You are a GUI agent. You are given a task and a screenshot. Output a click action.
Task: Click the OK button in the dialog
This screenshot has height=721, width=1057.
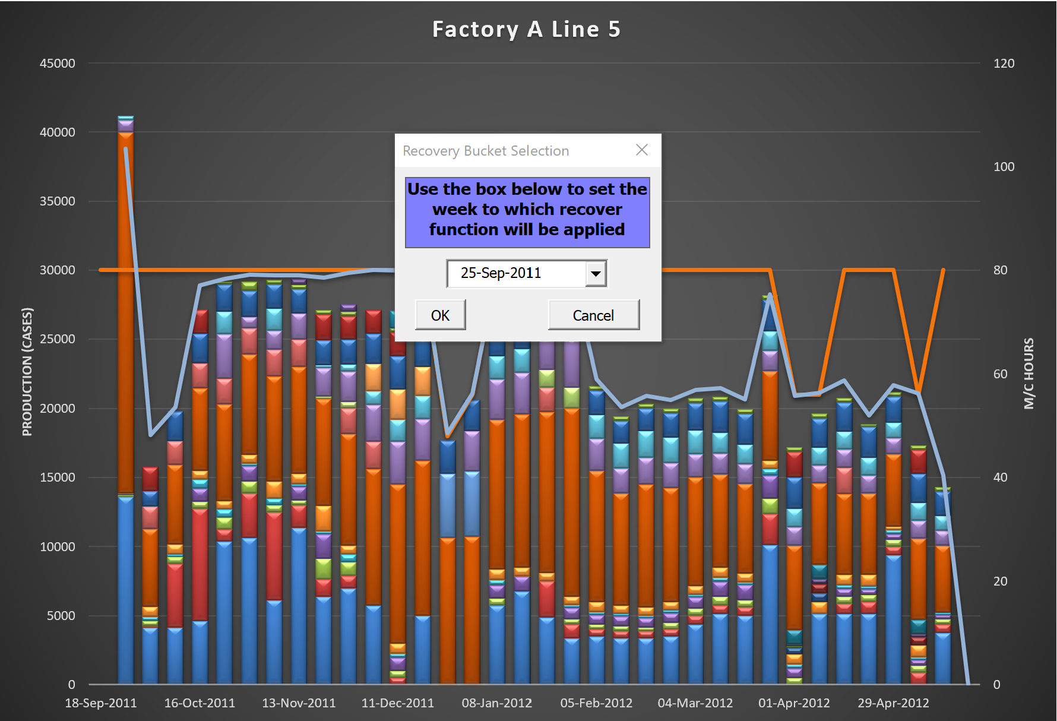click(x=440, y=315)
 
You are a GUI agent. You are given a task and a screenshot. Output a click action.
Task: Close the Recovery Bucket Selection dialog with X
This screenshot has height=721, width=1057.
click(x=642, y=150)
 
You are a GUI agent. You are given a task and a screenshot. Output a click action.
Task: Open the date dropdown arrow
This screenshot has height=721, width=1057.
click(x=596, y=274)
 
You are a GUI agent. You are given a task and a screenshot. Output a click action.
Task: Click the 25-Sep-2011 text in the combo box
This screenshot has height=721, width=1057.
click(x=501, y=273)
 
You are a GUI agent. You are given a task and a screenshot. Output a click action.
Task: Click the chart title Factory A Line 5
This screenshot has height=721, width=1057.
click(x=526, y=29)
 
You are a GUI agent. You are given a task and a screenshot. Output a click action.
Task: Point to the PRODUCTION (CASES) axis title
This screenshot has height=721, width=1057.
click(x=27, y=372)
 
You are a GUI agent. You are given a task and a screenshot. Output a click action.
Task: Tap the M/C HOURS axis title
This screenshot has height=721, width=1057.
click(x=1028, y=374)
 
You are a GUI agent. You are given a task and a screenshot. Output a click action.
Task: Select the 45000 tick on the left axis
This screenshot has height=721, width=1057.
click(x=58, y=64)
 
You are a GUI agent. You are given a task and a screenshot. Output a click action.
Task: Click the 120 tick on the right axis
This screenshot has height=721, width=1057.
click(x=1004, y=64)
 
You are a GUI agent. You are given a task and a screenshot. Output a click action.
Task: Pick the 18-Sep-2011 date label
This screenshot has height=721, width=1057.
click(x=100, y=703)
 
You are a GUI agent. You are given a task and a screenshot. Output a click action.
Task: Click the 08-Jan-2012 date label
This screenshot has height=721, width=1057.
click(x=497, y=703)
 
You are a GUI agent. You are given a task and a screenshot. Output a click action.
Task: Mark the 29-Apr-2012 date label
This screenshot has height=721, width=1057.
click(x=893, y=703)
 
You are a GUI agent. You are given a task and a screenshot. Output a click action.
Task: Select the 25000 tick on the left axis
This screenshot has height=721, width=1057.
click(x=58, y=339)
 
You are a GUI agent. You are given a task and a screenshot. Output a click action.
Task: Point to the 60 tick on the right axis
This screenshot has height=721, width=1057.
click(x=1000, y=374)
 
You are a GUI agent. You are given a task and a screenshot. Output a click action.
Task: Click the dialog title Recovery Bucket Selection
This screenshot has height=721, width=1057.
click(x=486, y=151)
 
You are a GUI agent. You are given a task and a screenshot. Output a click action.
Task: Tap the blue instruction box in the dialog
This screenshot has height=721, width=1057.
click(x=527, y=212)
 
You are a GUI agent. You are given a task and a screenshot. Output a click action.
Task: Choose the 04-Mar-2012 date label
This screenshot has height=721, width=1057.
click(x=695, y=703)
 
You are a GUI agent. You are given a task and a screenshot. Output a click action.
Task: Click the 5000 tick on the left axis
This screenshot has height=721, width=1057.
click(x=61, y=616)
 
